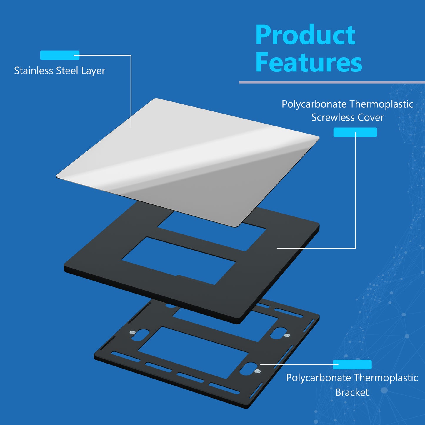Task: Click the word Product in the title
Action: click(x=306, y=35)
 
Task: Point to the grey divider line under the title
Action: click(x=332, y=82)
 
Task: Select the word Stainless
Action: click(x=34, y=71)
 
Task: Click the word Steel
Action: click(x=67, y=71)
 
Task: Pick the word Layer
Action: click(x=93, y=71)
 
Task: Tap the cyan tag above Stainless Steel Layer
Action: click(x=59, y=55)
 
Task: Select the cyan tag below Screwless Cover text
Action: click(x=355, y=132)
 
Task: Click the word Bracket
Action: click(x=352, y=392)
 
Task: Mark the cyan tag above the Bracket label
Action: click(x=352, y=365)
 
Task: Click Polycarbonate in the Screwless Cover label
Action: click(x=314, y=104)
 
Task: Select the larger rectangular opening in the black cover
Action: click(x=178, y=261)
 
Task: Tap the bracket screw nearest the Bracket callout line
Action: click(x=257, y=371)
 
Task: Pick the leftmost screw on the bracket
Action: click(x=133, y=332)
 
